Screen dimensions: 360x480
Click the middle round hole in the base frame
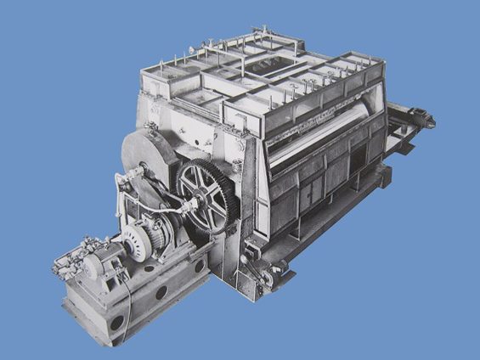click(161, 292)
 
